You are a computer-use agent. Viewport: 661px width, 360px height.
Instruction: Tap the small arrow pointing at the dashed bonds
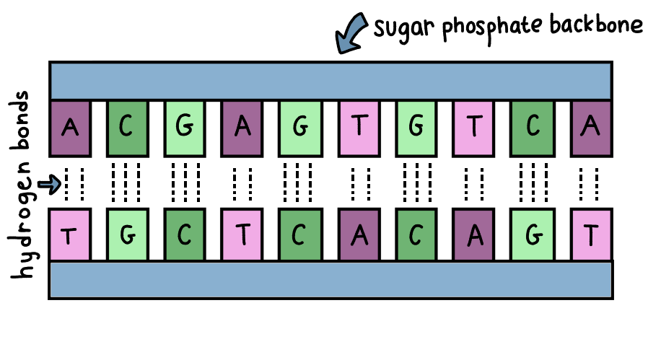[x=50, y=185]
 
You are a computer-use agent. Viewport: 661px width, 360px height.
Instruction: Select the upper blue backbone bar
[x=330, y=82]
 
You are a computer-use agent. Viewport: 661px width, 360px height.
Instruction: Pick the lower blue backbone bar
[x=330, y=279]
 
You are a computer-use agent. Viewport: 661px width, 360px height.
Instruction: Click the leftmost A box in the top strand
[x=70, y=128]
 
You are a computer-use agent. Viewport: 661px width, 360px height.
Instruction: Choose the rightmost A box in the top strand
[x=592, y=128]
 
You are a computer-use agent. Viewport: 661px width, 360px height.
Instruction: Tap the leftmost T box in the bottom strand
[x=70, y=234]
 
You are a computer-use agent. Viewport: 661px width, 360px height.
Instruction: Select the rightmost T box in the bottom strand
[x=592, y=234]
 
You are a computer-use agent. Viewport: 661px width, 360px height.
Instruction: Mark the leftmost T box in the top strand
[x=359, y=128]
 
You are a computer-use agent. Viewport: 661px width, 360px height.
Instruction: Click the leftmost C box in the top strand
[x=128, y=128]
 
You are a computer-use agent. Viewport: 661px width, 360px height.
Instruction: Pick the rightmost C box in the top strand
[x=533, y=128]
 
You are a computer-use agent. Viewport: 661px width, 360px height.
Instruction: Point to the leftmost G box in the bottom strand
[x=128, y=234]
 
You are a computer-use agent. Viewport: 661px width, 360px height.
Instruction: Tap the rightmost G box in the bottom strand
[x=533, y=234]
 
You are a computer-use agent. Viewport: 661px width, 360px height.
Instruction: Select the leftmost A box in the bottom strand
[x=359, y=234]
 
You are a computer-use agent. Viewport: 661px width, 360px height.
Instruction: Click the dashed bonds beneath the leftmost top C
[x=128, y=184]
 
